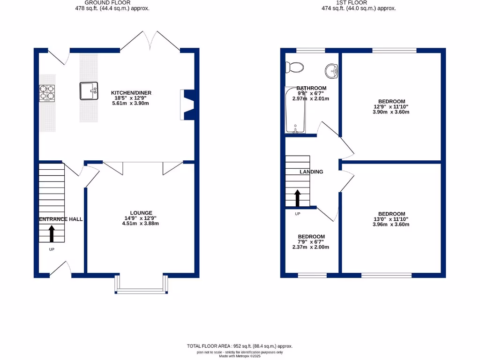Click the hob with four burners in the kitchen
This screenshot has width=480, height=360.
47,93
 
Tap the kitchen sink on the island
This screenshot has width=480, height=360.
89,91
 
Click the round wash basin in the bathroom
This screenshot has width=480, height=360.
332,71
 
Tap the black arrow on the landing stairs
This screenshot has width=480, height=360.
297,198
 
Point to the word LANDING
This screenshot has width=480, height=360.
311,172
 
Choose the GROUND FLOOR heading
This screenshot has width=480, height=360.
97,2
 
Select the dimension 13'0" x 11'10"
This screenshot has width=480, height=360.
391,219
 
